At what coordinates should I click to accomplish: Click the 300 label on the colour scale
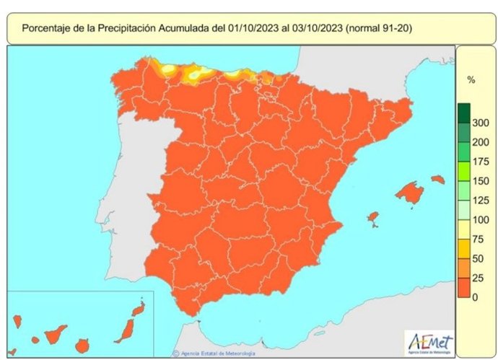pos(480,123)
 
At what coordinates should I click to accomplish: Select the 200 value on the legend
pos(480,142)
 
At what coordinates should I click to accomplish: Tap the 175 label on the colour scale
pos(480,162)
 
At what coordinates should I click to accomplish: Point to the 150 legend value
pos(480,180)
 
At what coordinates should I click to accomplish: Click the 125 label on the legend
pos(480,200)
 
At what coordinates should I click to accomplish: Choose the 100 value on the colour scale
pos(480,219)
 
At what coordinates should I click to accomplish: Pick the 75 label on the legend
pos(477,239)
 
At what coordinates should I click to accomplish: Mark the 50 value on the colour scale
pos(477,258)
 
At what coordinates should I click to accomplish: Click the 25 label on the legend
pos(477,278)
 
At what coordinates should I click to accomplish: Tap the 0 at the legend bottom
pos(475,297)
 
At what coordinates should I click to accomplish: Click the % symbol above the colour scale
pos(471,80)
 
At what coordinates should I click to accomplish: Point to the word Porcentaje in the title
pos(50,28)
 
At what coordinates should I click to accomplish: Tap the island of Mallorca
pos(409,193)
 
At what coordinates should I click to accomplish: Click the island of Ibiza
pos(373,217)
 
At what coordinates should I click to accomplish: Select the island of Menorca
pos(437,179)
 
